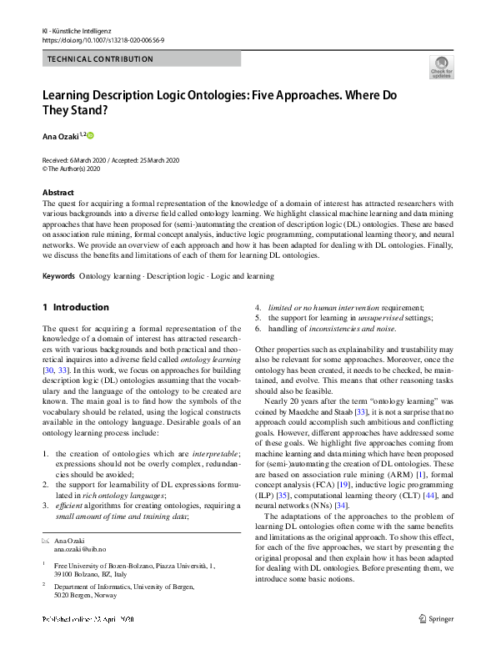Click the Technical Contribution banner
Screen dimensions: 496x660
(x=100, y=59)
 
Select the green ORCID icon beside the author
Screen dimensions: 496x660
(x=90, y=135)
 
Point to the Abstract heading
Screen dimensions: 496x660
(x=58, y=192)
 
